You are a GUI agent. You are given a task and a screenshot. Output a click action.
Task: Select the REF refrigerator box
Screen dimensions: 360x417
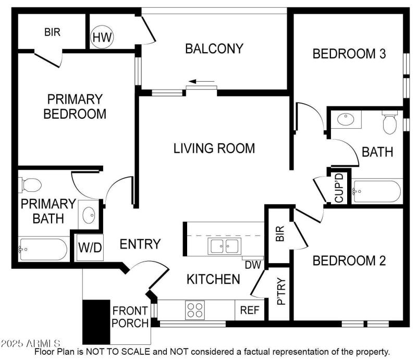point(250,310)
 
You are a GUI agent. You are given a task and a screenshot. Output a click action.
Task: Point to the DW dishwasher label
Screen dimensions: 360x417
point(253,265)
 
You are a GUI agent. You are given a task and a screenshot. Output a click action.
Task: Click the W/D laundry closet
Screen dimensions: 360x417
point(90,247)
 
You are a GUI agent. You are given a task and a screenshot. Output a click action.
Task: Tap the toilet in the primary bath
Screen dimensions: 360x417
point(31,185)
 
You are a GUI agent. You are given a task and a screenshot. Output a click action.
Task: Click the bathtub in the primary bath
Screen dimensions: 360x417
point(43,250)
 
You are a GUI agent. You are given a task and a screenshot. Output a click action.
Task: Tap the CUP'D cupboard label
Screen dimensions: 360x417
point(339,188)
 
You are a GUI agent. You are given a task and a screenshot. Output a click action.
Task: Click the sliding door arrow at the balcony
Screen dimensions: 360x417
point(201,82)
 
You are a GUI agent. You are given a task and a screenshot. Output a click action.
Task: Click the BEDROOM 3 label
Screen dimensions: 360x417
point(349,54)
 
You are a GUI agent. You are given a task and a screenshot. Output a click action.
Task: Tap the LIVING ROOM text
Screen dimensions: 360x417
point(214,148)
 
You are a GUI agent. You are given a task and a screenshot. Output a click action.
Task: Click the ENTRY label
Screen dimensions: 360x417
point(140,244)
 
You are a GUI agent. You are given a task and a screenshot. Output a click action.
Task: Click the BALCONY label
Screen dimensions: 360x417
point(214,49)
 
